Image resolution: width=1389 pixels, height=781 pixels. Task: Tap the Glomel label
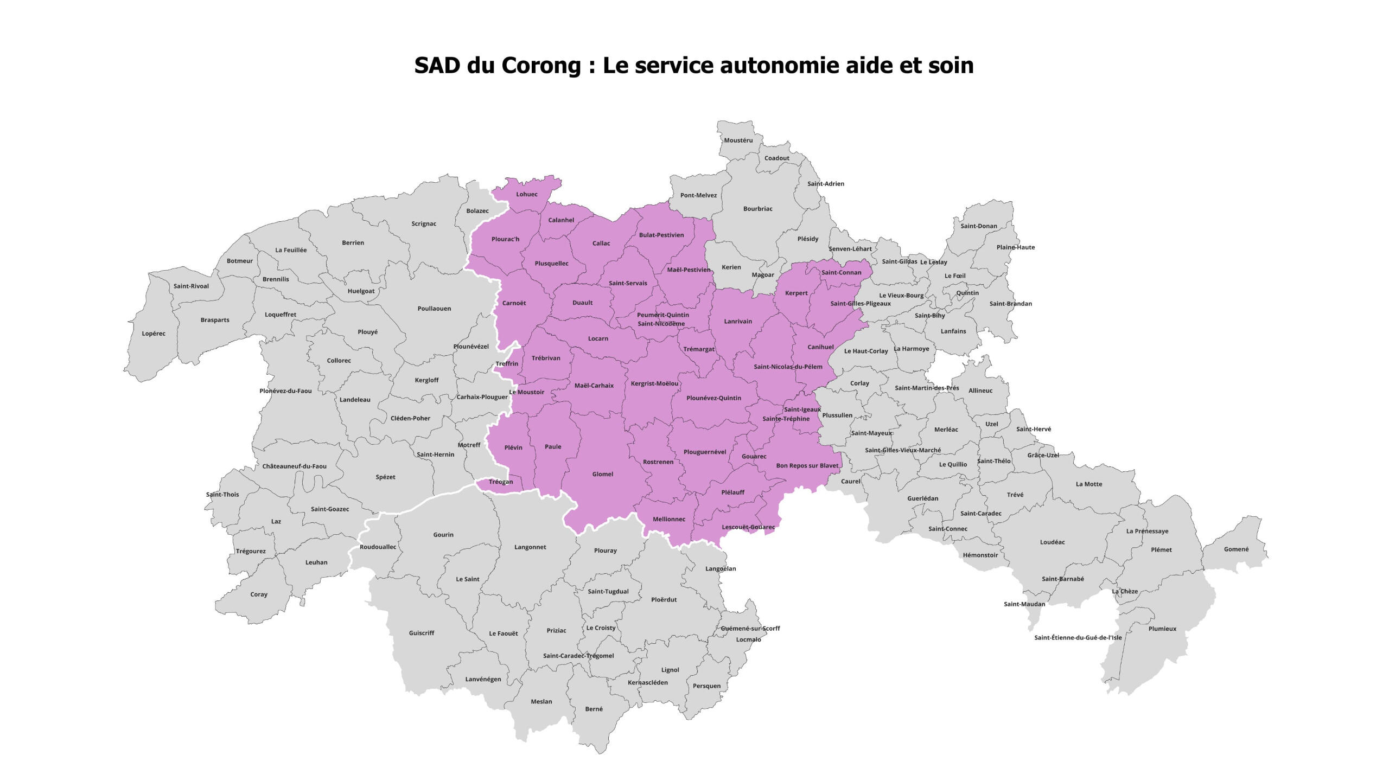coord(602,474)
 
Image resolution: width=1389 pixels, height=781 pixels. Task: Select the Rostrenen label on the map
coord(658,462)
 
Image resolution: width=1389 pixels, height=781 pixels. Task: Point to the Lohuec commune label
coord(526,194)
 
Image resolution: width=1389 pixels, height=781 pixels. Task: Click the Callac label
coord(601,244)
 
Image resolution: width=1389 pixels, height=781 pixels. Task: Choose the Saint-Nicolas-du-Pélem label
coord(788,367)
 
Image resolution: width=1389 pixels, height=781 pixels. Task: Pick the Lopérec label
coord(154,334)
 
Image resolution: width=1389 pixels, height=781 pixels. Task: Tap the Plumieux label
coord(1162,629)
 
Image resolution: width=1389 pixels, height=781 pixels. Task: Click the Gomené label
coord(1236,549)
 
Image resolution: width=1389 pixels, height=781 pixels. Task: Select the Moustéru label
coord(738,140)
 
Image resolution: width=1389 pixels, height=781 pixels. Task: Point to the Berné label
coord(594,709)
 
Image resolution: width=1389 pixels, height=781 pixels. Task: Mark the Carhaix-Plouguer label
coord(482,397)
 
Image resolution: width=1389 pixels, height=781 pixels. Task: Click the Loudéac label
coord(1052,542)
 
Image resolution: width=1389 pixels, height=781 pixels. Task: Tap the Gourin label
coord(443,535)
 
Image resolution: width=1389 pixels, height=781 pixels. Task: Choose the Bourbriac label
coord(757,209)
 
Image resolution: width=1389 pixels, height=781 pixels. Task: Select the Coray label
coord(259,594)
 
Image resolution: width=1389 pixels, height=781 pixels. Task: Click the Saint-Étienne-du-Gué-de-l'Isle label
coord(1078,638)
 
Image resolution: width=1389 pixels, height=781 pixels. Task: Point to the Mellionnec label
coord(668,519)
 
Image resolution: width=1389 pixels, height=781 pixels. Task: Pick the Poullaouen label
coord(434,309)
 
